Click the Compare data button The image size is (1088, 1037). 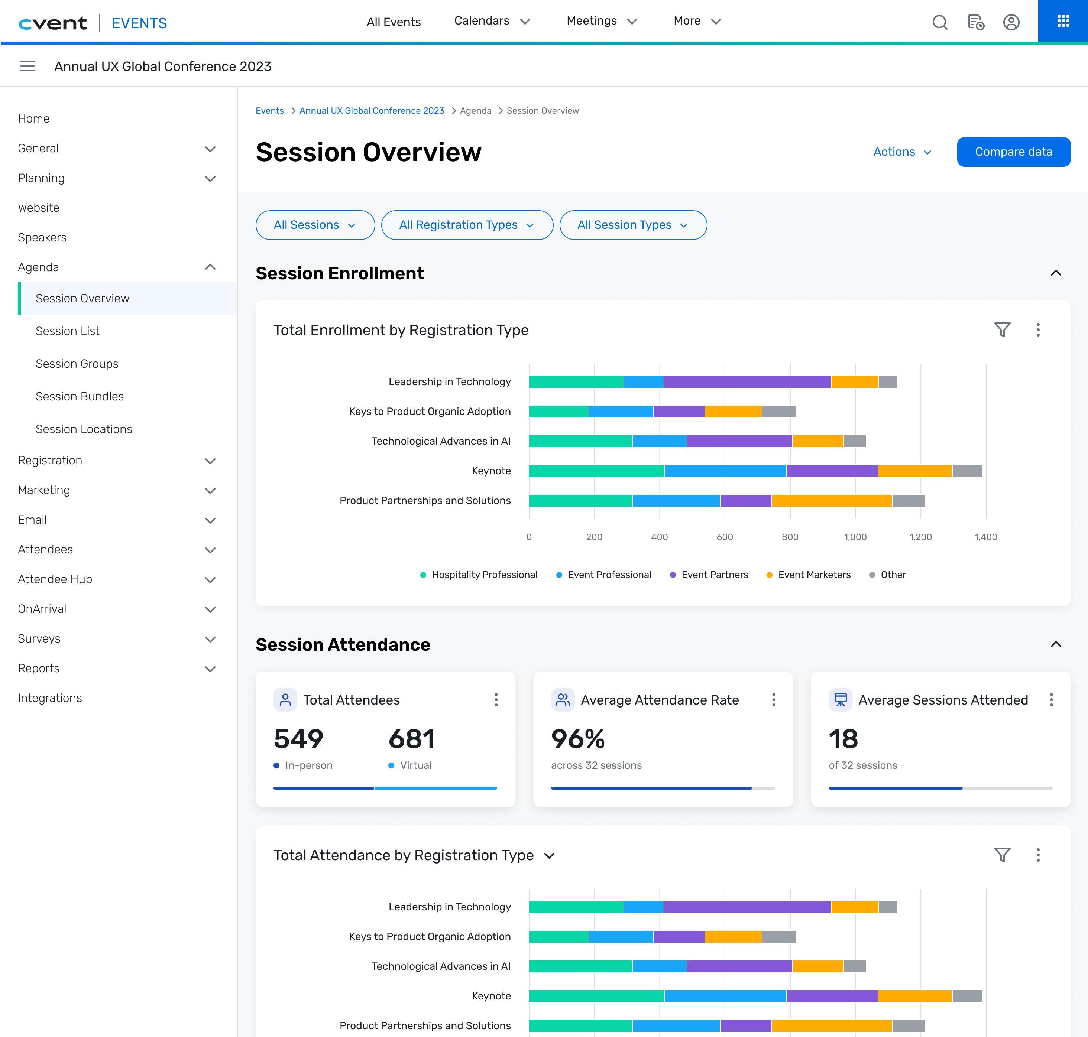pos(1013,152)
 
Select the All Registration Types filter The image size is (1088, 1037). pos(467,225)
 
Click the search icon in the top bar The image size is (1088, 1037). pos(940,22)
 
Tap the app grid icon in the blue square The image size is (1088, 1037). pos(1063,21)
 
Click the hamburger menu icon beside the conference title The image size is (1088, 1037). pos(27,66)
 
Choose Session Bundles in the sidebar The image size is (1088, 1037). pos(80,396)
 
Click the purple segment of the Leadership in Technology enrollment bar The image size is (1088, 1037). pos(747,382)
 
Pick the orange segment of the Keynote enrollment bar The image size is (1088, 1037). pos(915,471)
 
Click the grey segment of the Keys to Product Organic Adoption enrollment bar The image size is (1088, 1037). pos(779,411)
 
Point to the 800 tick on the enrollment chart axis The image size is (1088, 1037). pos(790,537)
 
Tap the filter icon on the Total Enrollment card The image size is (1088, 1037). pos(1002,330)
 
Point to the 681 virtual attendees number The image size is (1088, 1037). pos(411,739)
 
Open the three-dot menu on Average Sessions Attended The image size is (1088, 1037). pos(1051,700)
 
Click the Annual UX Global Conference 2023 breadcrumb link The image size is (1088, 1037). pos(372,111)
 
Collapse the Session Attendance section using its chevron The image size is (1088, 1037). pos(1055,644)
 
